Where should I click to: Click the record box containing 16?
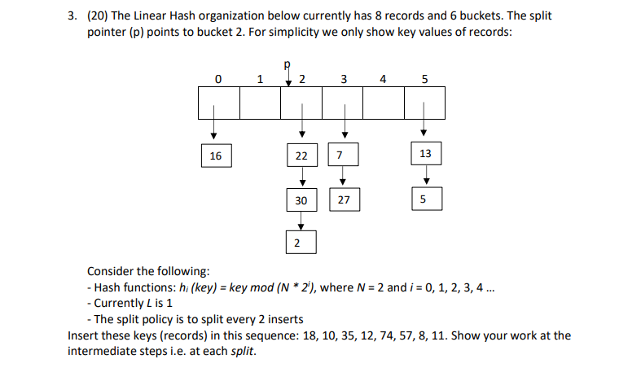point(216,155)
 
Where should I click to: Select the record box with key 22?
point(301,155)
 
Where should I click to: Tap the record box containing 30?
point(301,199)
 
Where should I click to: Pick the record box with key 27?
point(343,199)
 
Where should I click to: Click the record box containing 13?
point(425,155)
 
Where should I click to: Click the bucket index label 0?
point(217,80)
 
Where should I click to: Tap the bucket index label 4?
point(384,80)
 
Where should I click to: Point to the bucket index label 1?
point(259,80)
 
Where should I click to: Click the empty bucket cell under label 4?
point(384,103)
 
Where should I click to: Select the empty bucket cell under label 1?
point(260,103)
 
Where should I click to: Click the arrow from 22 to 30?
point(301,177)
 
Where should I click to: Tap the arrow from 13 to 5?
point(425,177)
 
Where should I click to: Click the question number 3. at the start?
point(72,15)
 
